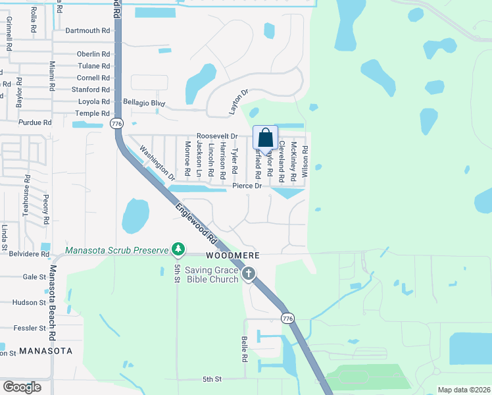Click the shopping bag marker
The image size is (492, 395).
click(x=265, y=138)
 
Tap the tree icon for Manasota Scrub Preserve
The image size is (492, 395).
click(x=177, y=249)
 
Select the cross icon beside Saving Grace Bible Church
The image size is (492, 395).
click(x=248, y=274)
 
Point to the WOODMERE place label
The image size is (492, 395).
click(x=230, y=255)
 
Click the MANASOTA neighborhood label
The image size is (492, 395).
click(x=45, y=351)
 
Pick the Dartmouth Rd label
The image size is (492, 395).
click(x=87, y=30)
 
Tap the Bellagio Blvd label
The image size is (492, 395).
click(x=143, y=103)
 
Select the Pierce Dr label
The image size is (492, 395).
click(x=247, y=186)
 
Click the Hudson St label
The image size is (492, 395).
click(x=29, y=302)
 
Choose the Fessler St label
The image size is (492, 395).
click(x=29, y=327)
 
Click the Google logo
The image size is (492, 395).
click(x=22, y=387)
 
